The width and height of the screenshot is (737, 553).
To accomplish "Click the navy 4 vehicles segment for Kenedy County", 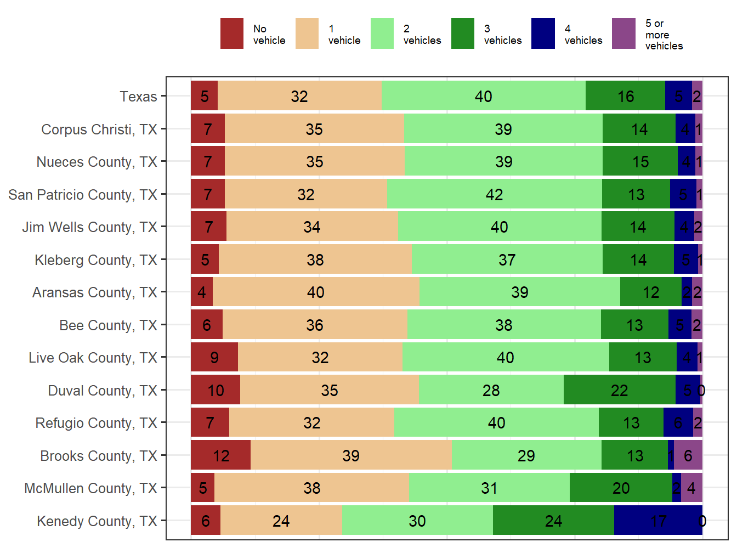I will coord(657,521).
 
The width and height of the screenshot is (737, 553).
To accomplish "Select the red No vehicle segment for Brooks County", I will coord(220,455).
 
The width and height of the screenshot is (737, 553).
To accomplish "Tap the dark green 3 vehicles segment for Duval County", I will coord(619,390).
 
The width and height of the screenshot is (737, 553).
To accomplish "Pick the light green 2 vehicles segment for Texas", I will coord(483,96).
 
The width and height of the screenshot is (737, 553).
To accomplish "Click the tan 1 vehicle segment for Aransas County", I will coord(316,292).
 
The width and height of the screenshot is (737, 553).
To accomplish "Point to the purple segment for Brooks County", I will coord(688,455).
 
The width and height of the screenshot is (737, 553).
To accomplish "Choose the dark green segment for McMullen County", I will coord(621,488).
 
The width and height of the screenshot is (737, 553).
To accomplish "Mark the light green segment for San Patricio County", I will coord(494,194).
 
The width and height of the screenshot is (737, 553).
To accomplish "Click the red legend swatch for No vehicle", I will coord(232,33).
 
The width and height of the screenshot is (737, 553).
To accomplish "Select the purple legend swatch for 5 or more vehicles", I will coord(623,33).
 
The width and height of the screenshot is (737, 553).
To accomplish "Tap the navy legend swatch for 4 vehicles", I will coord(543,33).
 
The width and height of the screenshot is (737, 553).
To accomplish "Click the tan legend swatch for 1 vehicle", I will coord(307,33).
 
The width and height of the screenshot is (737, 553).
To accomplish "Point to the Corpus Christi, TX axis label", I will coord(99,129).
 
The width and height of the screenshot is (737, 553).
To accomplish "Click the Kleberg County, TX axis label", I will coord(96,260).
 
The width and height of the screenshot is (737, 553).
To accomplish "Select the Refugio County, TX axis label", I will coord(97,423).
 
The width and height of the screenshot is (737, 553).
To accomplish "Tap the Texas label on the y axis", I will coord(138,97).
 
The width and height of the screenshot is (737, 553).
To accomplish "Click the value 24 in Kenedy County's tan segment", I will coord(281,521).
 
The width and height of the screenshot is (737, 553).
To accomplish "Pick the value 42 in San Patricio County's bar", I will coord(494,195).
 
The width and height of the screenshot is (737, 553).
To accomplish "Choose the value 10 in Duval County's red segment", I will coord(216,391).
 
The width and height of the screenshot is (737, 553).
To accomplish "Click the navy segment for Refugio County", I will coord(678,422).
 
